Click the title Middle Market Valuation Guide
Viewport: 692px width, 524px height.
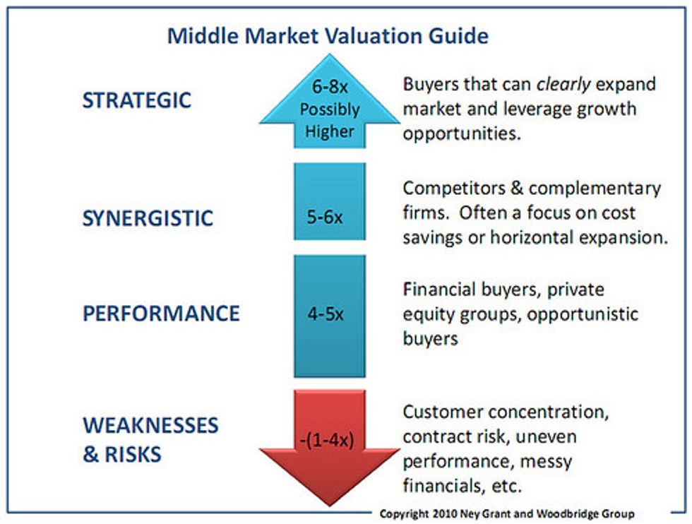tap(328, 35)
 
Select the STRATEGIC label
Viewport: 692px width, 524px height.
tap(137, 100)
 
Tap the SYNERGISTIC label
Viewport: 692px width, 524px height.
tap(148, 218)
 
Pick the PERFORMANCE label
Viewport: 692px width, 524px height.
tap(161, 314)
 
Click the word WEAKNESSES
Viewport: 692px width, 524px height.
tap(150, 425)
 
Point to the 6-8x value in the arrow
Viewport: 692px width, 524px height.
tap(330, 87)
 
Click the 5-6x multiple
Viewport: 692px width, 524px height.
tap(325, 217)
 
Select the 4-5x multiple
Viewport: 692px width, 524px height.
tap(326, 314)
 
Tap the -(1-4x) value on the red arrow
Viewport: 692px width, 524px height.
tap(327, 440)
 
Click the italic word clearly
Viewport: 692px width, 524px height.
tap(563, 84)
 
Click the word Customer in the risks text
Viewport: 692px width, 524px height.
tap(443, 412)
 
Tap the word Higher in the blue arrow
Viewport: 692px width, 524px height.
tap(330, 131)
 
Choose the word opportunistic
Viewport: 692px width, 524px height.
tap(583, 314)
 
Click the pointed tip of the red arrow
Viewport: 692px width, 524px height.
tap(330, 506)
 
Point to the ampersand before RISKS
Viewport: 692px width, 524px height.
tap(91, 454)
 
